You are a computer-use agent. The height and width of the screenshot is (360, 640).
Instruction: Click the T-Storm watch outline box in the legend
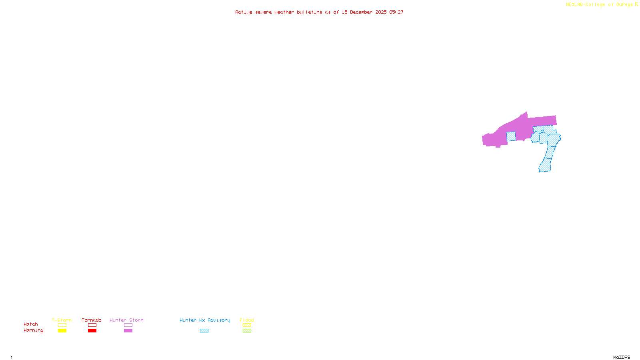click(62, 325)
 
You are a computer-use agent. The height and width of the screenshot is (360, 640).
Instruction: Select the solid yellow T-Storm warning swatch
click(62, 331)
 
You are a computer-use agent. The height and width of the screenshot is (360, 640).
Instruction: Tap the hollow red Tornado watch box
click(92, 325)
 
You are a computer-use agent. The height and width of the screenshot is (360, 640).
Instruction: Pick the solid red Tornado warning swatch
click(92, 331)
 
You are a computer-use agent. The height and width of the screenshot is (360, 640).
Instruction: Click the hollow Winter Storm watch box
click(128, 325)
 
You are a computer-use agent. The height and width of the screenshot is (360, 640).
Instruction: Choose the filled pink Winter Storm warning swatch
click(128, 331)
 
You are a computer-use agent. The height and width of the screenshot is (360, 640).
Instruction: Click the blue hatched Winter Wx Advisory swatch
click(204, 331)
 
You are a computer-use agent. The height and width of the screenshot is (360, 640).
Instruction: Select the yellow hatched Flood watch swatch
click(247, 325)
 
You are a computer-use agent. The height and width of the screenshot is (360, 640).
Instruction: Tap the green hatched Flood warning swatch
click(247, 331)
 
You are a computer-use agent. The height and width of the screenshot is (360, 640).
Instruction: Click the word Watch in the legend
click(31, 324)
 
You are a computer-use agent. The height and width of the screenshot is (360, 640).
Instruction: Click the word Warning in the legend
click(33, 330)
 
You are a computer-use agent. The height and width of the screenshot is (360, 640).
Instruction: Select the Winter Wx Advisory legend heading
click(205, 320)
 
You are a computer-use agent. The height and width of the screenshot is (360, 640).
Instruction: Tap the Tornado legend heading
click(92, 320)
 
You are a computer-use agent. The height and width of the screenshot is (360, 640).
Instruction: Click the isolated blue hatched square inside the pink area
click(511, 136)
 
